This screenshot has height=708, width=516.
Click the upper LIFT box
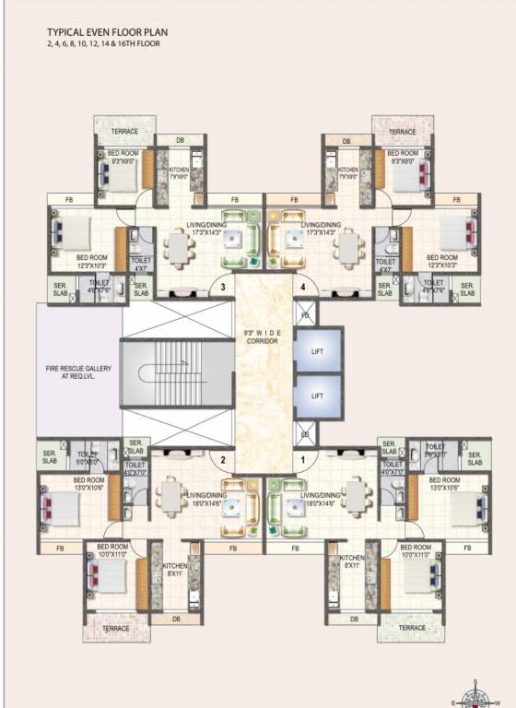317,348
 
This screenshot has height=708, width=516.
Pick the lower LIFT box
317,395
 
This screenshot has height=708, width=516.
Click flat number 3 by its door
223,287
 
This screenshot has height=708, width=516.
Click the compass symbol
476,692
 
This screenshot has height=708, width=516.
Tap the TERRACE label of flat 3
124,132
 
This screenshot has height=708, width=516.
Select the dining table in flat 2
170,499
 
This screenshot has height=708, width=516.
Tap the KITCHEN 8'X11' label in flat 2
175,570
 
